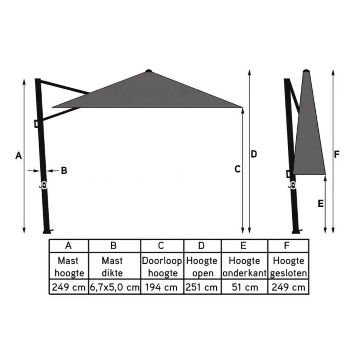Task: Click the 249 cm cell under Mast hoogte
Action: click(69, 288)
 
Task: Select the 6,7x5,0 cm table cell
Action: click(114, 288)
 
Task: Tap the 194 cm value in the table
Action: click(162, 288)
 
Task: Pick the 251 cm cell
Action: click(202, 288)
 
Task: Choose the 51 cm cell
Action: click(244, 288)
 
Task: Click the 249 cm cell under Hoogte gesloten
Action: click(288, 288)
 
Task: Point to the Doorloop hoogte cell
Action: click(162, 267)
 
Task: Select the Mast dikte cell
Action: click(114, 267)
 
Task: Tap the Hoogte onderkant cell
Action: click(244, 267)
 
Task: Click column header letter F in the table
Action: click(287, 246)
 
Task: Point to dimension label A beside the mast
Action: click(18, 155)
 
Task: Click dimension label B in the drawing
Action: click(64, 171)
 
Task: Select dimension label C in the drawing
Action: click(237, 169)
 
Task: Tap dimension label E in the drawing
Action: click(320, 204)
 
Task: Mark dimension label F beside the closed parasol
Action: click(337, 154)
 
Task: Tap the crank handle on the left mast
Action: click(43, 185)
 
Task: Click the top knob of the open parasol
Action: click(148, 70)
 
